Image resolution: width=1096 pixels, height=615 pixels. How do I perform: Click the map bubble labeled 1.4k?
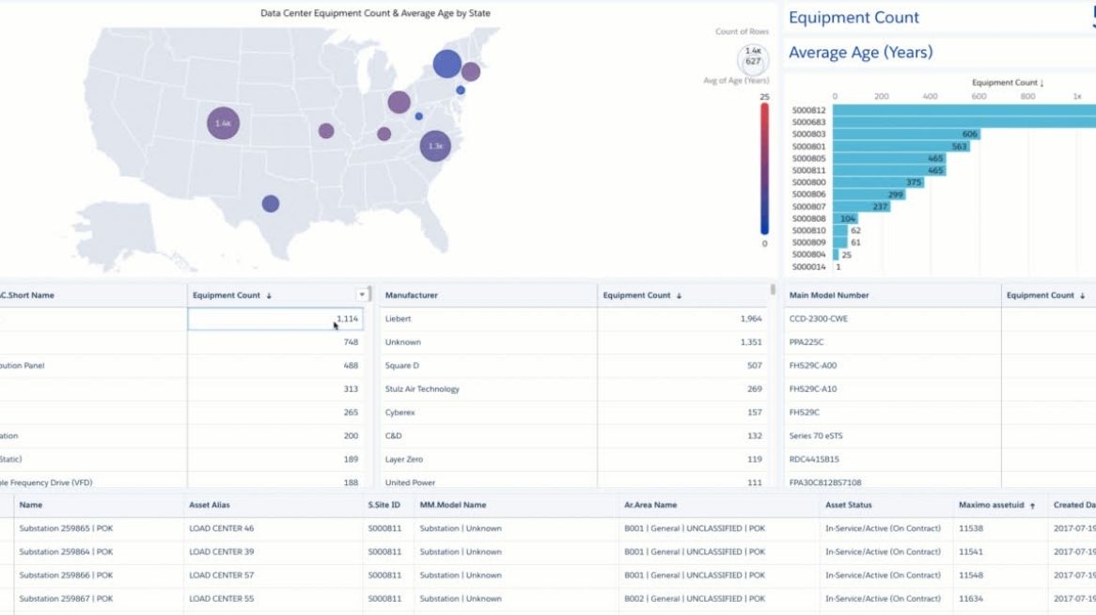[x=223, y=123]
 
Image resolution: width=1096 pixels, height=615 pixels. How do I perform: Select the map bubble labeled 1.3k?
[x=434, y=146]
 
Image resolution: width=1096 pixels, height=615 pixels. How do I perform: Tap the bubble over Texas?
[x=271, y=203]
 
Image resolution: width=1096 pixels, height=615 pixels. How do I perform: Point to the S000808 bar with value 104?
[x=845, y=218]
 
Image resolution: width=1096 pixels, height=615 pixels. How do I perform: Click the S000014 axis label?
[x=808, y=266]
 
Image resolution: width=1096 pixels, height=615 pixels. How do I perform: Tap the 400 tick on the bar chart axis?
[x=930, y=96]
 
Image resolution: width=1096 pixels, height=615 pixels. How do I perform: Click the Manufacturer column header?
[x=412, y=295]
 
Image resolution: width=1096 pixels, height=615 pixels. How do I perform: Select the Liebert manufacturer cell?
[x=399, y=319]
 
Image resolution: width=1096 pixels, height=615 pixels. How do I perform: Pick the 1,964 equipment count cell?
[x=750, y=319]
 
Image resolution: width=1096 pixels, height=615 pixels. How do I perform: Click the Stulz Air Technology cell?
[x=422, y=389]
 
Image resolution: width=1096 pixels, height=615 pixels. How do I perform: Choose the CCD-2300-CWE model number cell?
[x=819, y=319]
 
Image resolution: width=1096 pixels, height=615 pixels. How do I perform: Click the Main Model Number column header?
[x=829, y=295]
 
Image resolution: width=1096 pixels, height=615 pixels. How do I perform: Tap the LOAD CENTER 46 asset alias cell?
[x=222, y=528]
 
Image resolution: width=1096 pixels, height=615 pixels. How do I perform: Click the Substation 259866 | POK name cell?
[x=66, y=576]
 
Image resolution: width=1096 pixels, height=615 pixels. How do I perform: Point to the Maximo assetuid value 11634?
[x=971, y=599]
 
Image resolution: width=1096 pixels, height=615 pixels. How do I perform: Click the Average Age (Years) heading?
[x=860, y=53]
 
